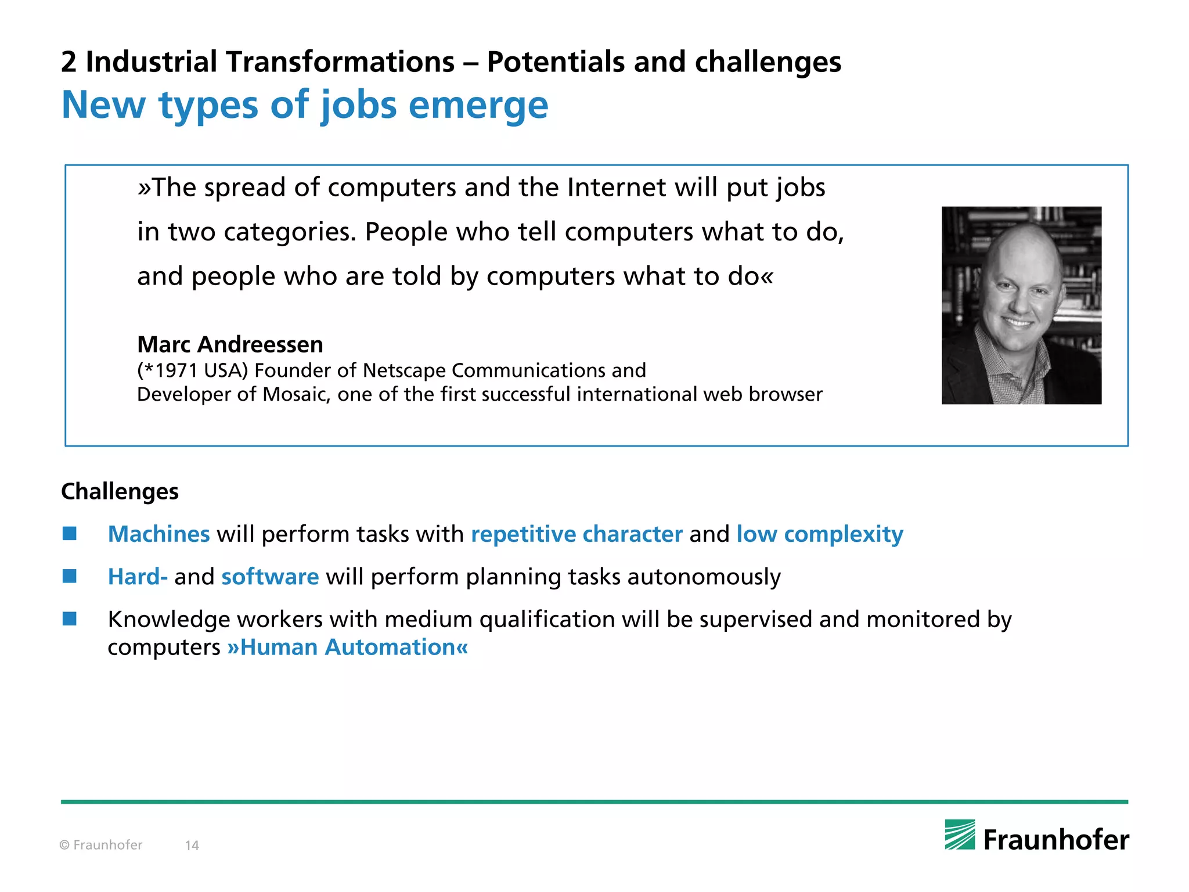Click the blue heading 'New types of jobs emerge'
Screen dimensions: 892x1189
(x=305, y=105)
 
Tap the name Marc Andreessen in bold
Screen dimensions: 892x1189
(x=230, y=345)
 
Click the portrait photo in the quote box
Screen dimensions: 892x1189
(x=1021, y=305)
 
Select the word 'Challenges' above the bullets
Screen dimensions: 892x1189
(x=120, y=492)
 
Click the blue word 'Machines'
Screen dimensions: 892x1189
(x=158, y=534)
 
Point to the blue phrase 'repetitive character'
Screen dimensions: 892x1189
(x=577, y=534)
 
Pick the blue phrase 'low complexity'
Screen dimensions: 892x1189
(x=820, y=534)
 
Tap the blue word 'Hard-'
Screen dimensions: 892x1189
(x=138, y=577)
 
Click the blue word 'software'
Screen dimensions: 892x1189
(x=270, y=577)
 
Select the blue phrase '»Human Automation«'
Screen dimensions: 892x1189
(x=347, y=648)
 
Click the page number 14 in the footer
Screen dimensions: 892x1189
(x=192, y=846)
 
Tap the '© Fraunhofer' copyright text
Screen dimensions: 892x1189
(x=101, y=846)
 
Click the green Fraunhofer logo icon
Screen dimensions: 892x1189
(x=960, y=835)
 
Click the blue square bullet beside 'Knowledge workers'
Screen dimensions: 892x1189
(x=70, y=619)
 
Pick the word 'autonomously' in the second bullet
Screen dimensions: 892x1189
(x=704, y=577)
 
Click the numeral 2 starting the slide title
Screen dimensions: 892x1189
(x=69, y=62)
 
